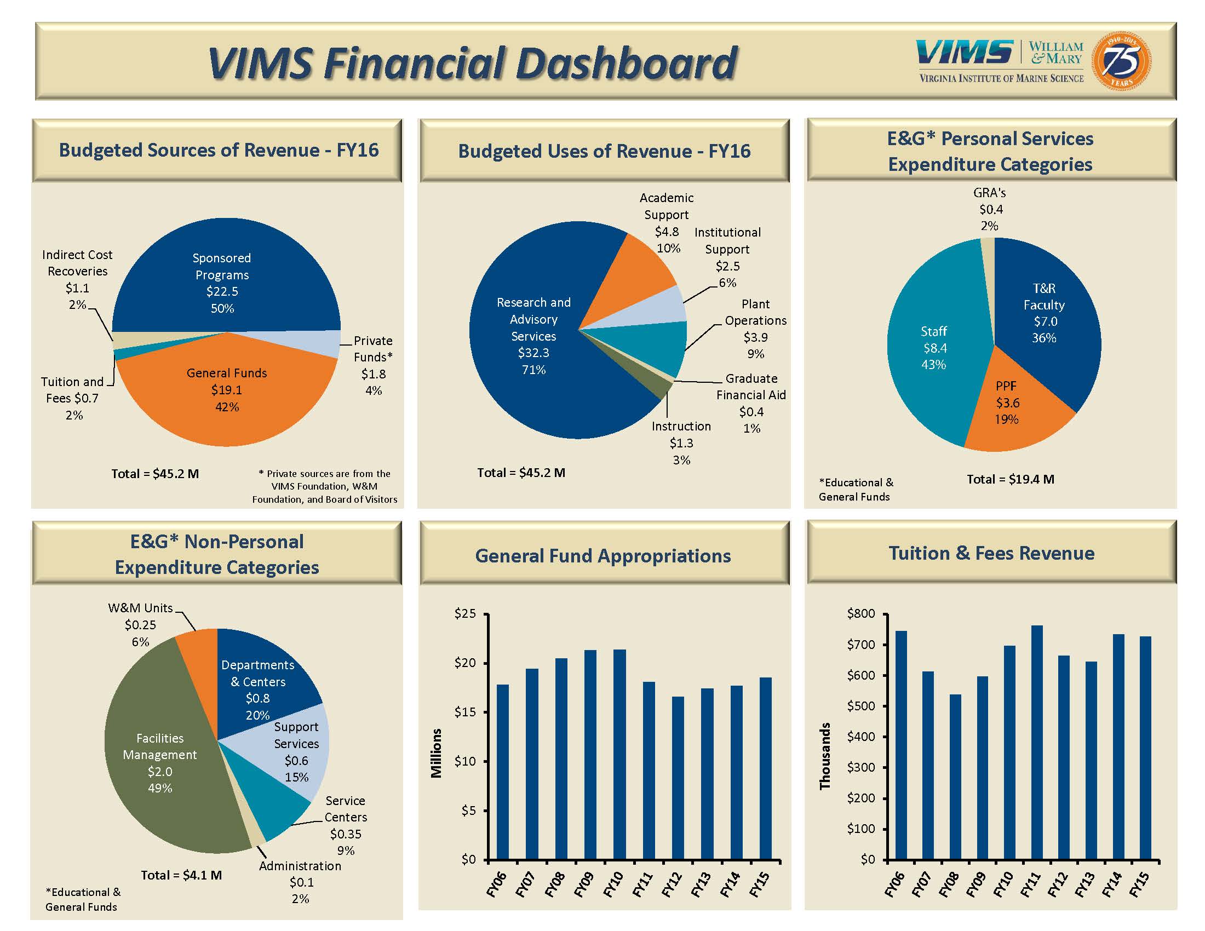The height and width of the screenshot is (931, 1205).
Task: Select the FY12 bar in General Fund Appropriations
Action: pos(678,778)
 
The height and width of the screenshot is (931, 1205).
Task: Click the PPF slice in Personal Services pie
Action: pos(1009,408)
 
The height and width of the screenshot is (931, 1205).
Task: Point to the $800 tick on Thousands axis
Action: pos(861,613)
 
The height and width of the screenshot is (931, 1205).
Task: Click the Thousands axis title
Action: pos(825,756)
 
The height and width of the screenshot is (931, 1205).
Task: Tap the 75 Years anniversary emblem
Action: pos(1122,61)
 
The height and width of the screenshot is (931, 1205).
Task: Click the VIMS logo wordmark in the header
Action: pos(965,53)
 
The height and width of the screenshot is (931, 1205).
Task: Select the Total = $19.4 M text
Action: pos(1010,479)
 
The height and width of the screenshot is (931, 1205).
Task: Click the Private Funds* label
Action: pos(374,348)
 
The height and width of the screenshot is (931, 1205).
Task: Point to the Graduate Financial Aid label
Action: pos(751,387)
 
